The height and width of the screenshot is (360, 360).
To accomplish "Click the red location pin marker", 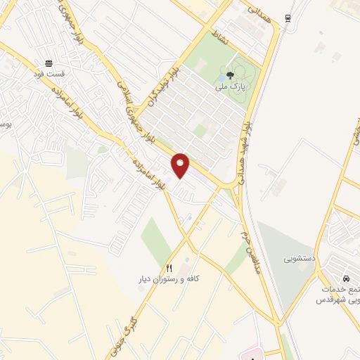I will point(181,165).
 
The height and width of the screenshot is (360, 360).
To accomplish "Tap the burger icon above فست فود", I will point(48,63).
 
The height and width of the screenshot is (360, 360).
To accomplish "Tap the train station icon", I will point(287,18).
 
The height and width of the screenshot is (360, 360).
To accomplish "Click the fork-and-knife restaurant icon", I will point(169,269).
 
